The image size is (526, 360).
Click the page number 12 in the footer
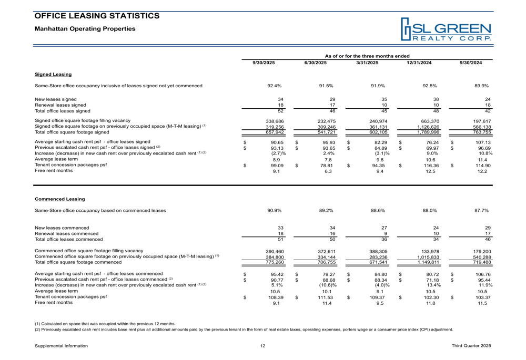tap(262, 345)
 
